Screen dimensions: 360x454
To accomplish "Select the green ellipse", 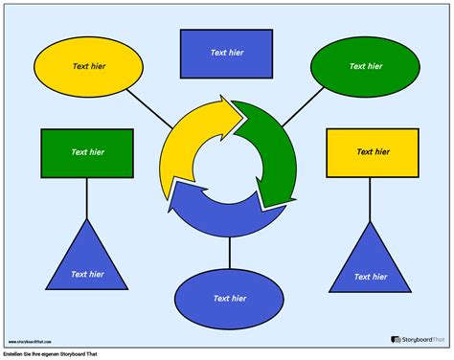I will [365, 67].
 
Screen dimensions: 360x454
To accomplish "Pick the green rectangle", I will [87, 153].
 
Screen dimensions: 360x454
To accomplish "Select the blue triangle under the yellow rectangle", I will [372, 263].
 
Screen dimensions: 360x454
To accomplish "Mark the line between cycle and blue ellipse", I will [229, 253].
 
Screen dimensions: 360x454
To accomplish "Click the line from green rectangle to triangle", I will [87, 198].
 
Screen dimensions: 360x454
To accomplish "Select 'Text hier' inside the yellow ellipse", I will [88, 67].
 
